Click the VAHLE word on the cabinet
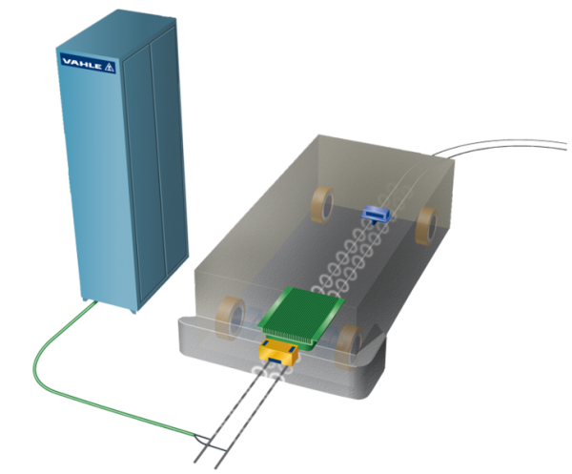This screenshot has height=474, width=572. [x=82, y=64]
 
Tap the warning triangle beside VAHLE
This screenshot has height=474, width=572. [x=110, y=67]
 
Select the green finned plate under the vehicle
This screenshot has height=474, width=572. [x=301, y=317]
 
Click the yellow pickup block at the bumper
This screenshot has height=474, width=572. [x=278, y=353]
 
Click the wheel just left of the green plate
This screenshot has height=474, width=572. [x=231, y=319]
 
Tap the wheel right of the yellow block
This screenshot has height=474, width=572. [x=350, y=345]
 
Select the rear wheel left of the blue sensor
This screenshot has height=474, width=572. [x=322, y=204]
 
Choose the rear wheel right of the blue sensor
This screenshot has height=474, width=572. [x=427, y=225]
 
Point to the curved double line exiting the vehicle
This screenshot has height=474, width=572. [x=500, y=144]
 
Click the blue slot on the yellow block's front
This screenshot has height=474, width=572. [x=276, y=361]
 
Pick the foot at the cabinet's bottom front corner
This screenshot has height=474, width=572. [x=133, y=311]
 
